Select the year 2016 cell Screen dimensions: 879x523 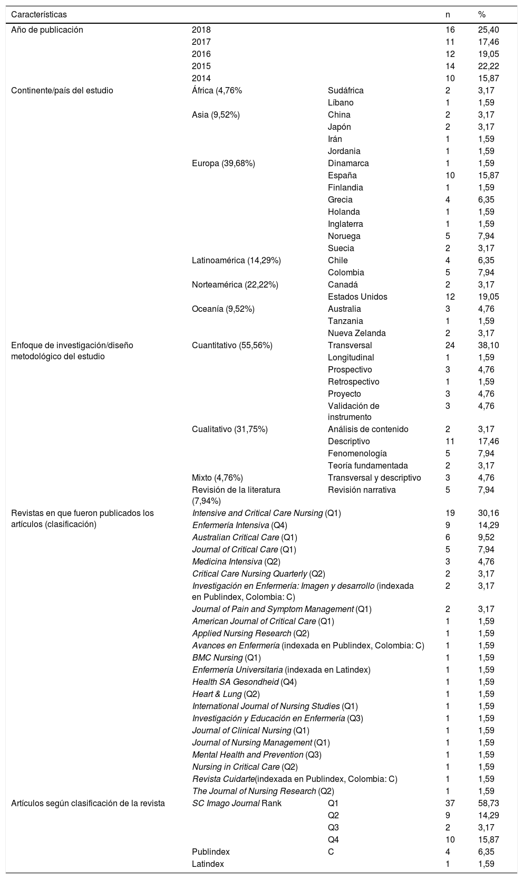201,54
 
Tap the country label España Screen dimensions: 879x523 342,175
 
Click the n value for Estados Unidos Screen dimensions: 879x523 450,297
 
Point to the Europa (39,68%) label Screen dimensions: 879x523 223,163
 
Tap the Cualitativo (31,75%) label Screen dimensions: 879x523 229,429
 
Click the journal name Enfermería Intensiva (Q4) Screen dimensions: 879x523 239,525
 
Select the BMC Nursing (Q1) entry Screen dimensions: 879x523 226,657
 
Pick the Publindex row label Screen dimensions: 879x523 210,852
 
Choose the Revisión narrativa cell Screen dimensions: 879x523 362,490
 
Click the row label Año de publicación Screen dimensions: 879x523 47,30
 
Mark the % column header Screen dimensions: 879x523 481,14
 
